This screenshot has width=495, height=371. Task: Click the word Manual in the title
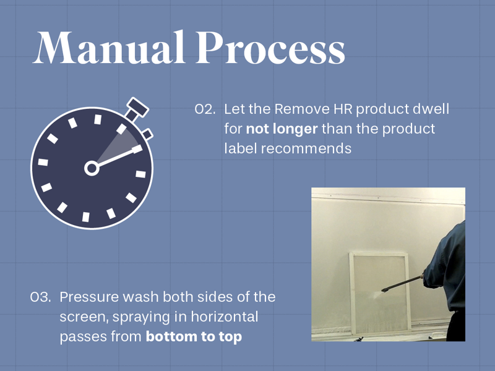(x=109, y=48)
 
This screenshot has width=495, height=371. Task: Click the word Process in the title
(x=270, y=48)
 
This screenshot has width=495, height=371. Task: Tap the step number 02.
(x=205, y=109)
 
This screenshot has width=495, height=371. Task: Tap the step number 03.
(x=40, y=297)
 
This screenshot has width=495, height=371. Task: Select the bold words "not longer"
(x=282, y=129)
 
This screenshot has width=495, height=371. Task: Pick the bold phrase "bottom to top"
(x=194, y=336)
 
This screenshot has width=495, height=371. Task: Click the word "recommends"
(x=306, y=148)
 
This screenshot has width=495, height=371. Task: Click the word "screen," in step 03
(x=84, y=317)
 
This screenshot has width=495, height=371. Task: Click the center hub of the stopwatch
(x=92, y=168)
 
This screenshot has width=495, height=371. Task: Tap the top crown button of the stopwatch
(x=137, y=109)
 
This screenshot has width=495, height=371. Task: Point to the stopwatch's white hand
(x=117, y=157)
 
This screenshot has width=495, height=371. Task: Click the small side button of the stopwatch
(x=148, y=134)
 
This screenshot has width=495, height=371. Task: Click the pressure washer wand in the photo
(x=402, y=283)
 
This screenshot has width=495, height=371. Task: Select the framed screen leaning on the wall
(x=380, y=292)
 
